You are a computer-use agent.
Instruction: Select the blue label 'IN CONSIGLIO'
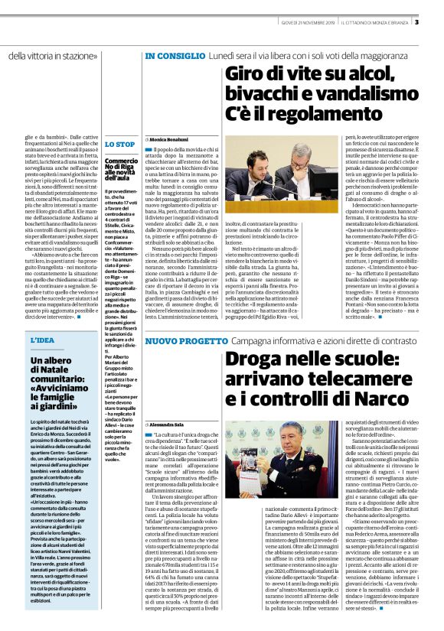pyautogui.click(x=175, y=57)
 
